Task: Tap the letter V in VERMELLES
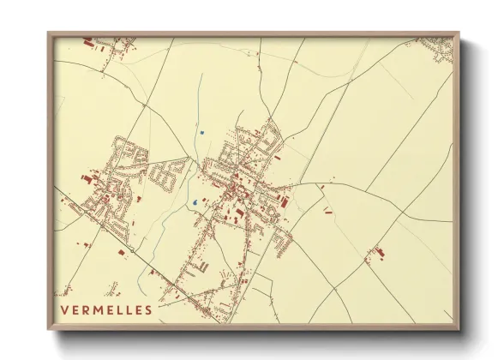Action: pyautogui.click(x=64, y=309)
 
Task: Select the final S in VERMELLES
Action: pyautogui.click(x=148, y=309)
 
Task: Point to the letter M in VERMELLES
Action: pyautogui.click(x=95, y=309)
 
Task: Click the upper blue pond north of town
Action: pyautogui.click(x=201, y=132)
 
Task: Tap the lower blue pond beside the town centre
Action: pyautogui.click(x=195, y=203)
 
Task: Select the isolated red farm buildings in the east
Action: pyautogui.click(x=375, y=252)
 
